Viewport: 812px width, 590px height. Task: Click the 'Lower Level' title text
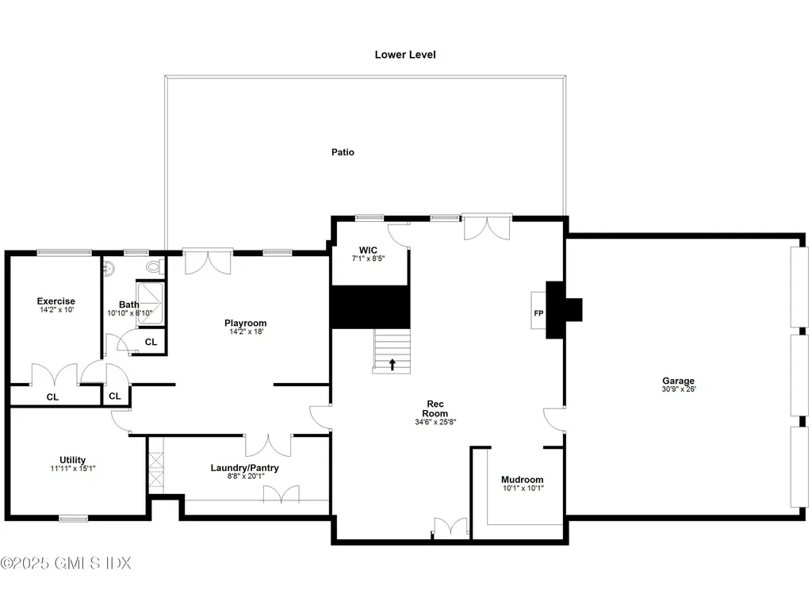(405, 55)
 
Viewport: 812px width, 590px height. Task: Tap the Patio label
(343, 151)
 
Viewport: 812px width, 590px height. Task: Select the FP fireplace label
(538, 312)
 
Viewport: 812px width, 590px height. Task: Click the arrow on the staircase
(392, 364)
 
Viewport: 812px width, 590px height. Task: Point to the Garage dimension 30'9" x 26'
(679, 389)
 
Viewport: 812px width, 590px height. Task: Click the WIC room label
(368, 250)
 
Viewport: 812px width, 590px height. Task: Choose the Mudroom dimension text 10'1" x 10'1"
(522, 489)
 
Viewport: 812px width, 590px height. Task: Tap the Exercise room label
(56, 301)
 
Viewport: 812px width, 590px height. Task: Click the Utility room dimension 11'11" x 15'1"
(72, 469)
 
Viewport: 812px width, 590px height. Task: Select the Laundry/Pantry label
(244, 468)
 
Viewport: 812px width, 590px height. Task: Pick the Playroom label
(245, 323)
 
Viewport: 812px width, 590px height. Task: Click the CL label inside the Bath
(150, 342)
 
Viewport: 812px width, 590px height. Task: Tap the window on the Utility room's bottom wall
(73, 519)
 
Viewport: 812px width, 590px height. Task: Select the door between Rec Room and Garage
(555, 419)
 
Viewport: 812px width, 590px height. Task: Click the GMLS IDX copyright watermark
(66, 563)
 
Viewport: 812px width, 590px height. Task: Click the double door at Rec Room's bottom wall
(450, 528)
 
